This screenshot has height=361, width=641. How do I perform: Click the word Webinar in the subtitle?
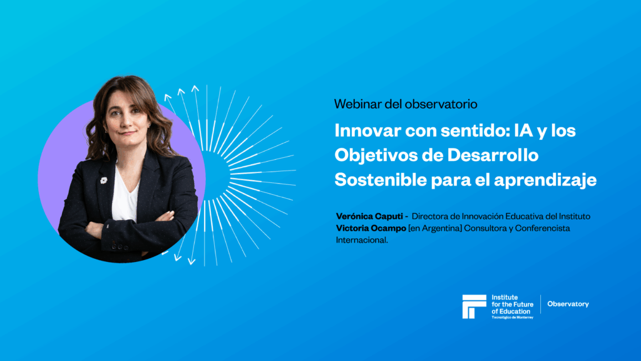(357, 104)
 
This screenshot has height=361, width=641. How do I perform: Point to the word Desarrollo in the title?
(493, 155)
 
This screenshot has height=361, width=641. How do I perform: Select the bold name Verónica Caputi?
(369, 216)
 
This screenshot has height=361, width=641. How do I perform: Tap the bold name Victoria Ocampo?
(371, 228)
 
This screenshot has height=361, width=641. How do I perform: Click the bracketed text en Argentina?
(436, 228)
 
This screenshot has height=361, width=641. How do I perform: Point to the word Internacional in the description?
(362, 240)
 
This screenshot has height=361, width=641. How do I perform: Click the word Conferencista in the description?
(543, 228)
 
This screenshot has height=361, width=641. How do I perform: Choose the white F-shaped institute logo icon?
(474, 306)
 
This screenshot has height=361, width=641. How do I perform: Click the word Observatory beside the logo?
(568, 304)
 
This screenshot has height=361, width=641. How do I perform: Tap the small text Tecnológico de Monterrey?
(512, 317)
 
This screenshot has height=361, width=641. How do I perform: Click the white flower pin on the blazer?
(103, 180)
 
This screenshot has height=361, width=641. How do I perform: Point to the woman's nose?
(126, 120)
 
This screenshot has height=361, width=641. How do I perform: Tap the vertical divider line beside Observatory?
(540, 304)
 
